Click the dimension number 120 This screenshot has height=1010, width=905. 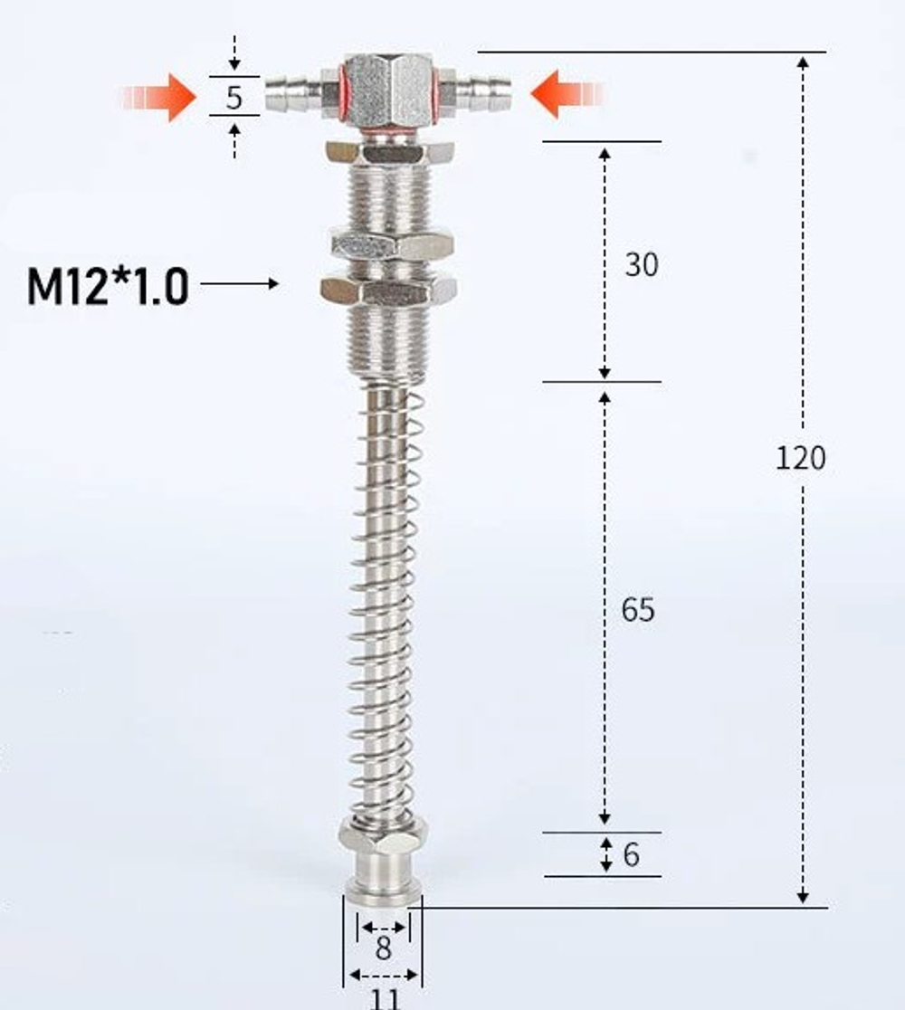click(800, 458)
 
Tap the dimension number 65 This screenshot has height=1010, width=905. click(637, 610)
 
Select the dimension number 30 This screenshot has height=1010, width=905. click(641, 265)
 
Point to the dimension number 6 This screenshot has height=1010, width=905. click(631, 854)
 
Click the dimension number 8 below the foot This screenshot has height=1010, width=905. click(384, 949)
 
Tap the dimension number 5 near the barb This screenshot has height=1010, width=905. click(234, 97)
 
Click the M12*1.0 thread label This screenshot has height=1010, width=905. click(108, 287)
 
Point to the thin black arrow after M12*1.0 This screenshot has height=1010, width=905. click(240, 284)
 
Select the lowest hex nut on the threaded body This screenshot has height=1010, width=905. click(388, 290)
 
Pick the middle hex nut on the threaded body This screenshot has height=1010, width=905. click(391, 244)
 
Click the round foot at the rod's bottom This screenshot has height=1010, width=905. click(382, 884)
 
